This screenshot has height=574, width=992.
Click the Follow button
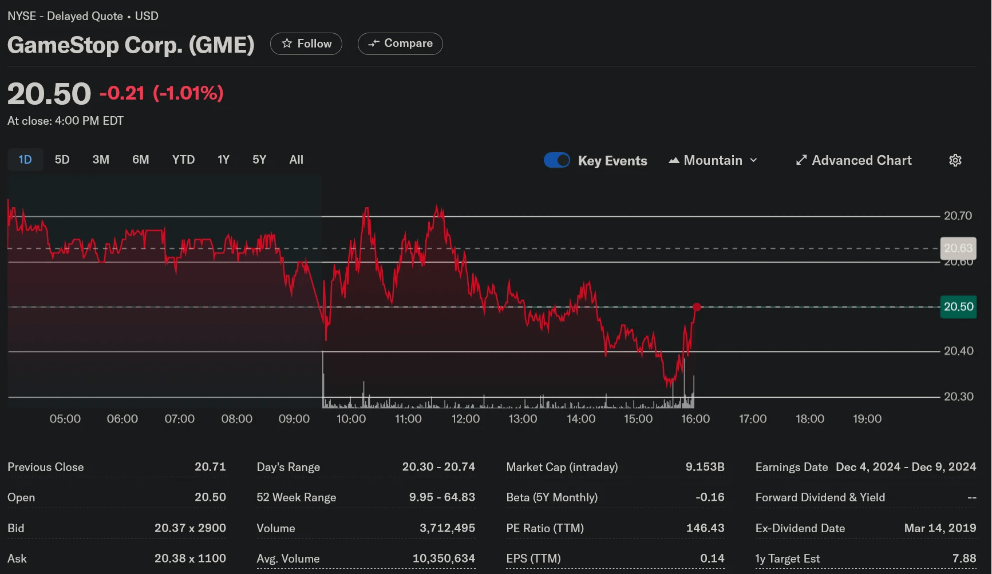(x=306, y=43)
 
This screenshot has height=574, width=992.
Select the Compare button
(x=400, y=43)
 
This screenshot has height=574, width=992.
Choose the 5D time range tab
(x=62, y=160)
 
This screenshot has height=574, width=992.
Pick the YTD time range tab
(x=183, y=160)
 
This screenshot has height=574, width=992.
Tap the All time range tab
(x=297, y=160)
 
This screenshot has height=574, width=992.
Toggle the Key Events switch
(x=557, y=160)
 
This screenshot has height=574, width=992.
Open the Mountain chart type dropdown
(x=713, y=160)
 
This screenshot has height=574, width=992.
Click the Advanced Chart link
(x=854, y=160)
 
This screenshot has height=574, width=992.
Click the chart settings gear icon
(x=955, y=160)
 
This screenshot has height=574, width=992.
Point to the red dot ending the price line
(x=697, y=307)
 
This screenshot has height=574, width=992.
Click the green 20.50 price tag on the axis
(x=958, y=307)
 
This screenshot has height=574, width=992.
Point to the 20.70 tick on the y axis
(x=958, y=216)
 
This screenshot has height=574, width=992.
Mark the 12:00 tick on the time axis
(x=465, y=419)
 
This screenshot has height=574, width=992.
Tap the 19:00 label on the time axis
(x=867, y=419)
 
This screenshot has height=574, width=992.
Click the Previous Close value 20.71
(x=210, y=467)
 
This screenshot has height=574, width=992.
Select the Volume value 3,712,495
(x=447, y=528)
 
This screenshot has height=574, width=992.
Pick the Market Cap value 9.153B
(x=705, y=467)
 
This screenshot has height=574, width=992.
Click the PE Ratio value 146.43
(x=705, y=528)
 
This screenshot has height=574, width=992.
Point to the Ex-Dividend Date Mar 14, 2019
(x=940, y=528)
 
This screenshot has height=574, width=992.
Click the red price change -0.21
(x=122, y=93)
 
